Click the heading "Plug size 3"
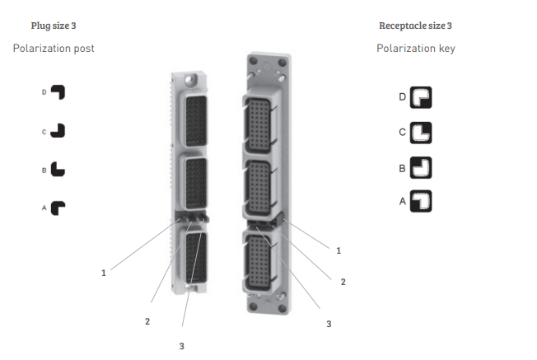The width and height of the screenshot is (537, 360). click(54, 26)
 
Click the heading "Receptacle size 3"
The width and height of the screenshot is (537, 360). click(415, 26)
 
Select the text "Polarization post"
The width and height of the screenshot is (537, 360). click(54, 49)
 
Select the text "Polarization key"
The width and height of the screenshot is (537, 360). click(416, 49)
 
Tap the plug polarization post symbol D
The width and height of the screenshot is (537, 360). click(57, 92)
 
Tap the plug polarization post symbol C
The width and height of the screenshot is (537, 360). click(57, 130)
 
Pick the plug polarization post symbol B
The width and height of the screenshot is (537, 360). click(57, 169)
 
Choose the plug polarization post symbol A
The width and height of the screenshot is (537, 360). click(57, 208)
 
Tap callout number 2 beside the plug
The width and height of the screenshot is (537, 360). click(147, 320)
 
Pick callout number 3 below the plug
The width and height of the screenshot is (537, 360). click(181, 346)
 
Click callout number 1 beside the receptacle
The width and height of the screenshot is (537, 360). click(339, 249)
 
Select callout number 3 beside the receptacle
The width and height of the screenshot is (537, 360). click(329, 324)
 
